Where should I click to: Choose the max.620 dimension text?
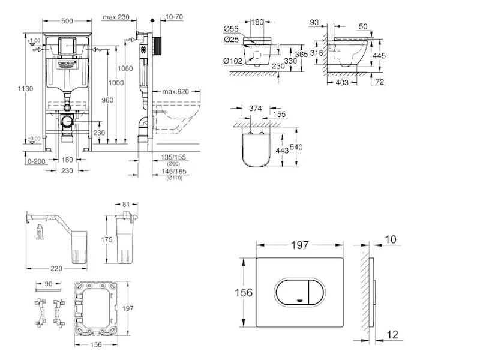coord(175,91)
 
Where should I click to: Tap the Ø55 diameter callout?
coord(232,28)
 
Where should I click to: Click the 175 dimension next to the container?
coord(107,240)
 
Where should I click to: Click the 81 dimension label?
coord(126,205)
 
